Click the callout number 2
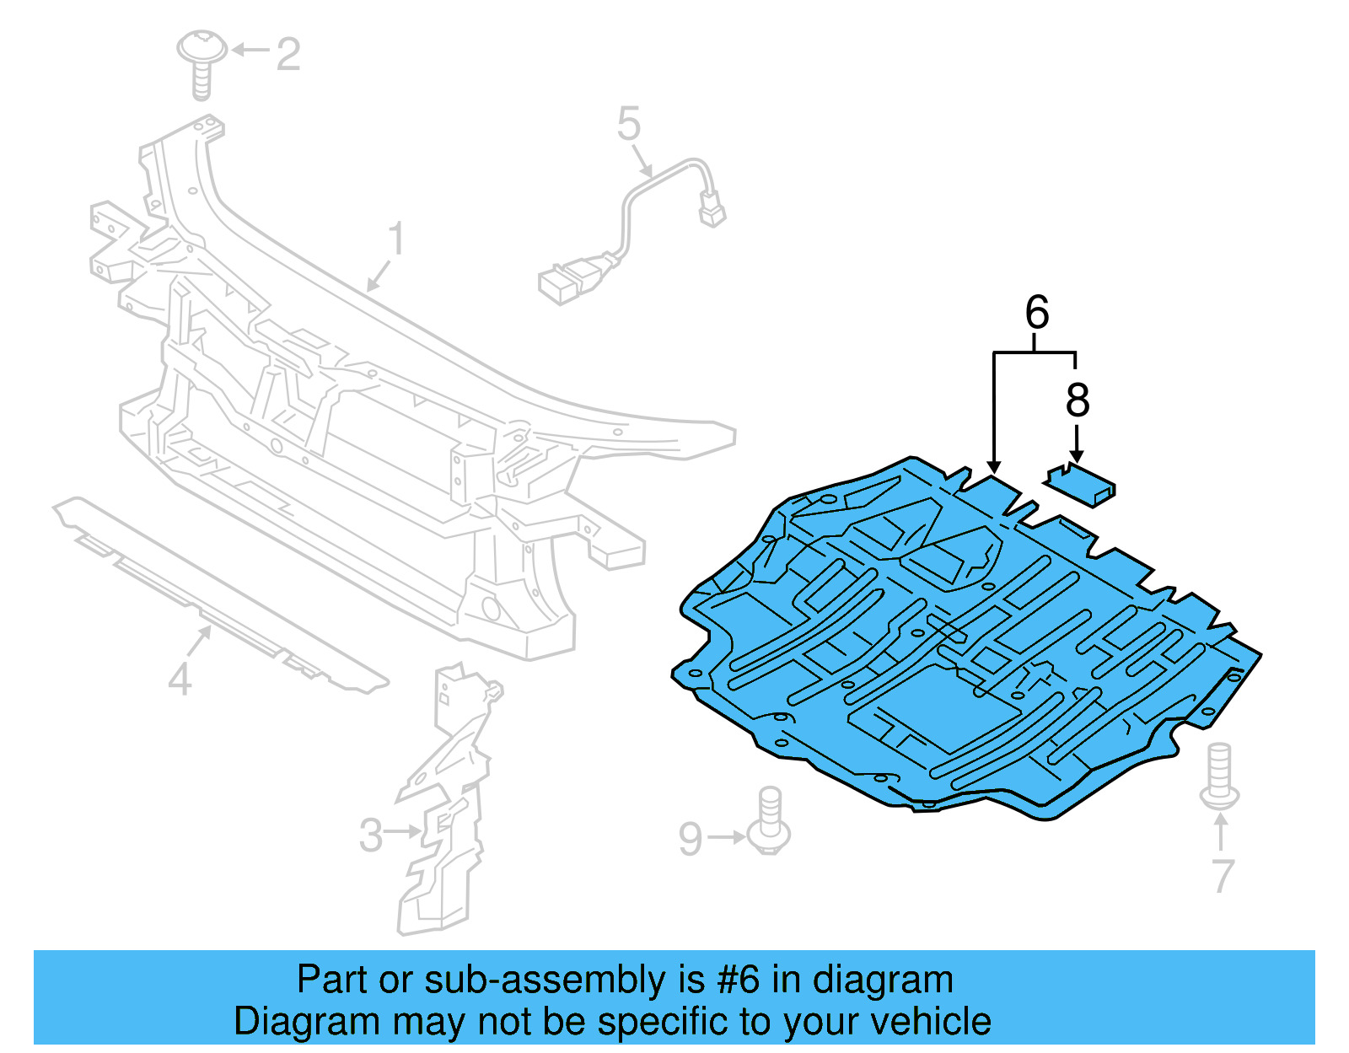pyautogui.click(x=288, y=55)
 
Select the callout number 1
pyautogui.click(x=396, y=240)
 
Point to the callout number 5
pyautogui.click(x=629, y=125)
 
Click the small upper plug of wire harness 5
pyautogui.click(x=712, y=208)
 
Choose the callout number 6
pyautogui.click(x=1037, y=313)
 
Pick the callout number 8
pyautogui.click(x=1078, y=400)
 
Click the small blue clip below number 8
pyautogui.click(x=1082, y=486)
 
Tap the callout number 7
pyautogui.click(x=1223, y=876)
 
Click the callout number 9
pyautogui.click(x=691, y=839)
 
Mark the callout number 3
pyautogui.click(x=371, y=835)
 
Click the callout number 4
pyautogui.click(x=180, y=680)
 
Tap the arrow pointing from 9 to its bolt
pyautogui.click(x=726, y=837)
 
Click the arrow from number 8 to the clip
pyautogui.click(x=1077, y=443)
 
